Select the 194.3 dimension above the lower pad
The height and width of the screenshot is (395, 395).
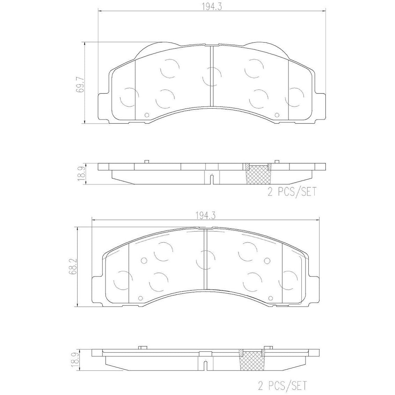click(x=205, y=216)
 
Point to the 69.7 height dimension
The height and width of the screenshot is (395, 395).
click(x=81, y=85)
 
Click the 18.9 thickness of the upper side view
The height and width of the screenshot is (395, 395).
click(x=81, y=174)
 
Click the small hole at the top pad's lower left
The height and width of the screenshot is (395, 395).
click(x=146, y=115)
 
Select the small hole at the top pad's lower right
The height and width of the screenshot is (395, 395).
click(x=277, y=115)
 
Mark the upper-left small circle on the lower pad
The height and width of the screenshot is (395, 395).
click(x=143, y=260)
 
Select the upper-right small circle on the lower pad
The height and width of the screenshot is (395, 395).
click(x=267, y=260)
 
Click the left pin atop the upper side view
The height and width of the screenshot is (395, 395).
click(x=147, y=161)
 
